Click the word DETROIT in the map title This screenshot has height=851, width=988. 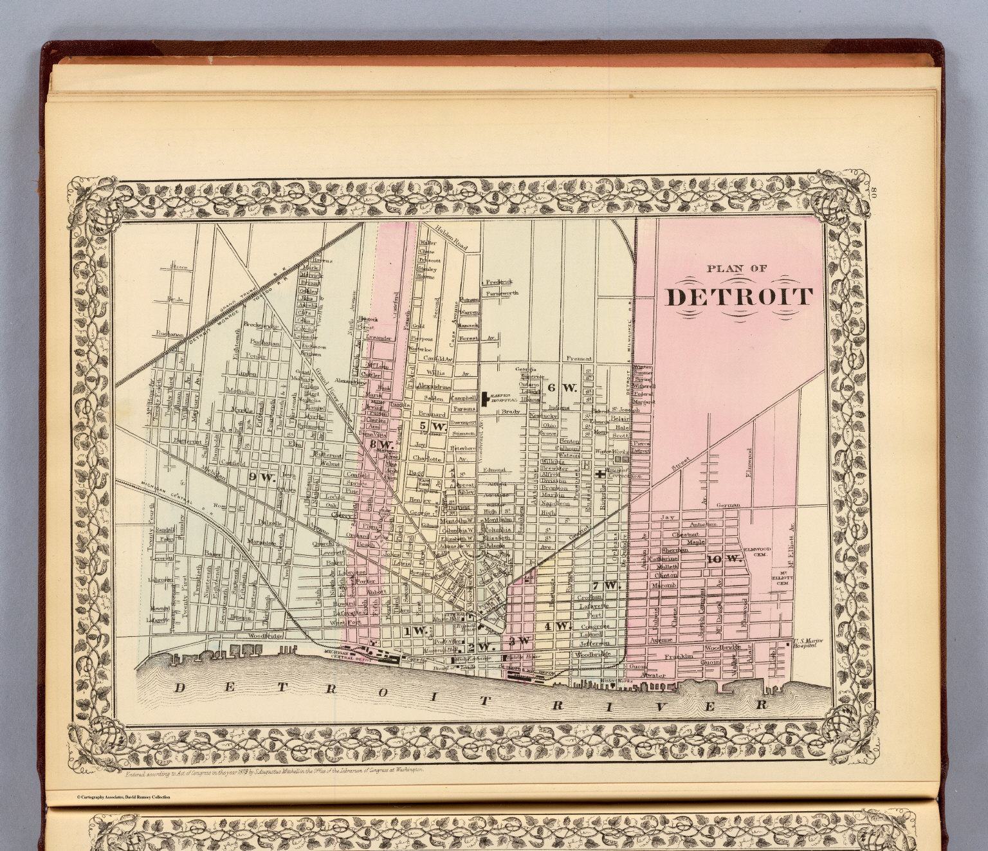click(738, 297)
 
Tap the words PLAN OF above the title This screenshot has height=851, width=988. click(736, 268)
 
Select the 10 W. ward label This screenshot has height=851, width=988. click(724, 559)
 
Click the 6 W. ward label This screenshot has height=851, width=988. click(560, 387)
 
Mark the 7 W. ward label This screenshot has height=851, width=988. click(605, 585)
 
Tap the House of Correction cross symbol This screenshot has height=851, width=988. click(599, 473)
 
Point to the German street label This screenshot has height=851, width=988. click(728, 505)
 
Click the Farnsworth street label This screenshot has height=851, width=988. click(502, 293)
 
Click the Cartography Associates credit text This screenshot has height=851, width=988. click(123, 797)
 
